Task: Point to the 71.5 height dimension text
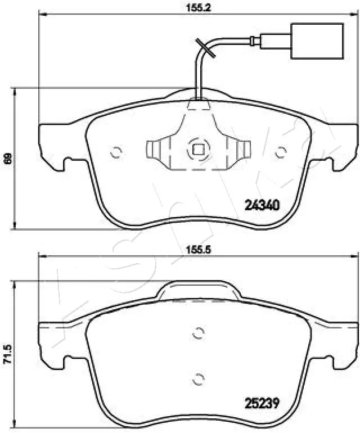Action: click(7, 354)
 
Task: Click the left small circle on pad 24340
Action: click(116, 152)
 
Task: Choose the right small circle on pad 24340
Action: click(280, 152)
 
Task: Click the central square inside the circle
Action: click(198, 150)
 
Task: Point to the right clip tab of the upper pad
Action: click(242, 150)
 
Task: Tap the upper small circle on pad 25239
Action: click(197, 333)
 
